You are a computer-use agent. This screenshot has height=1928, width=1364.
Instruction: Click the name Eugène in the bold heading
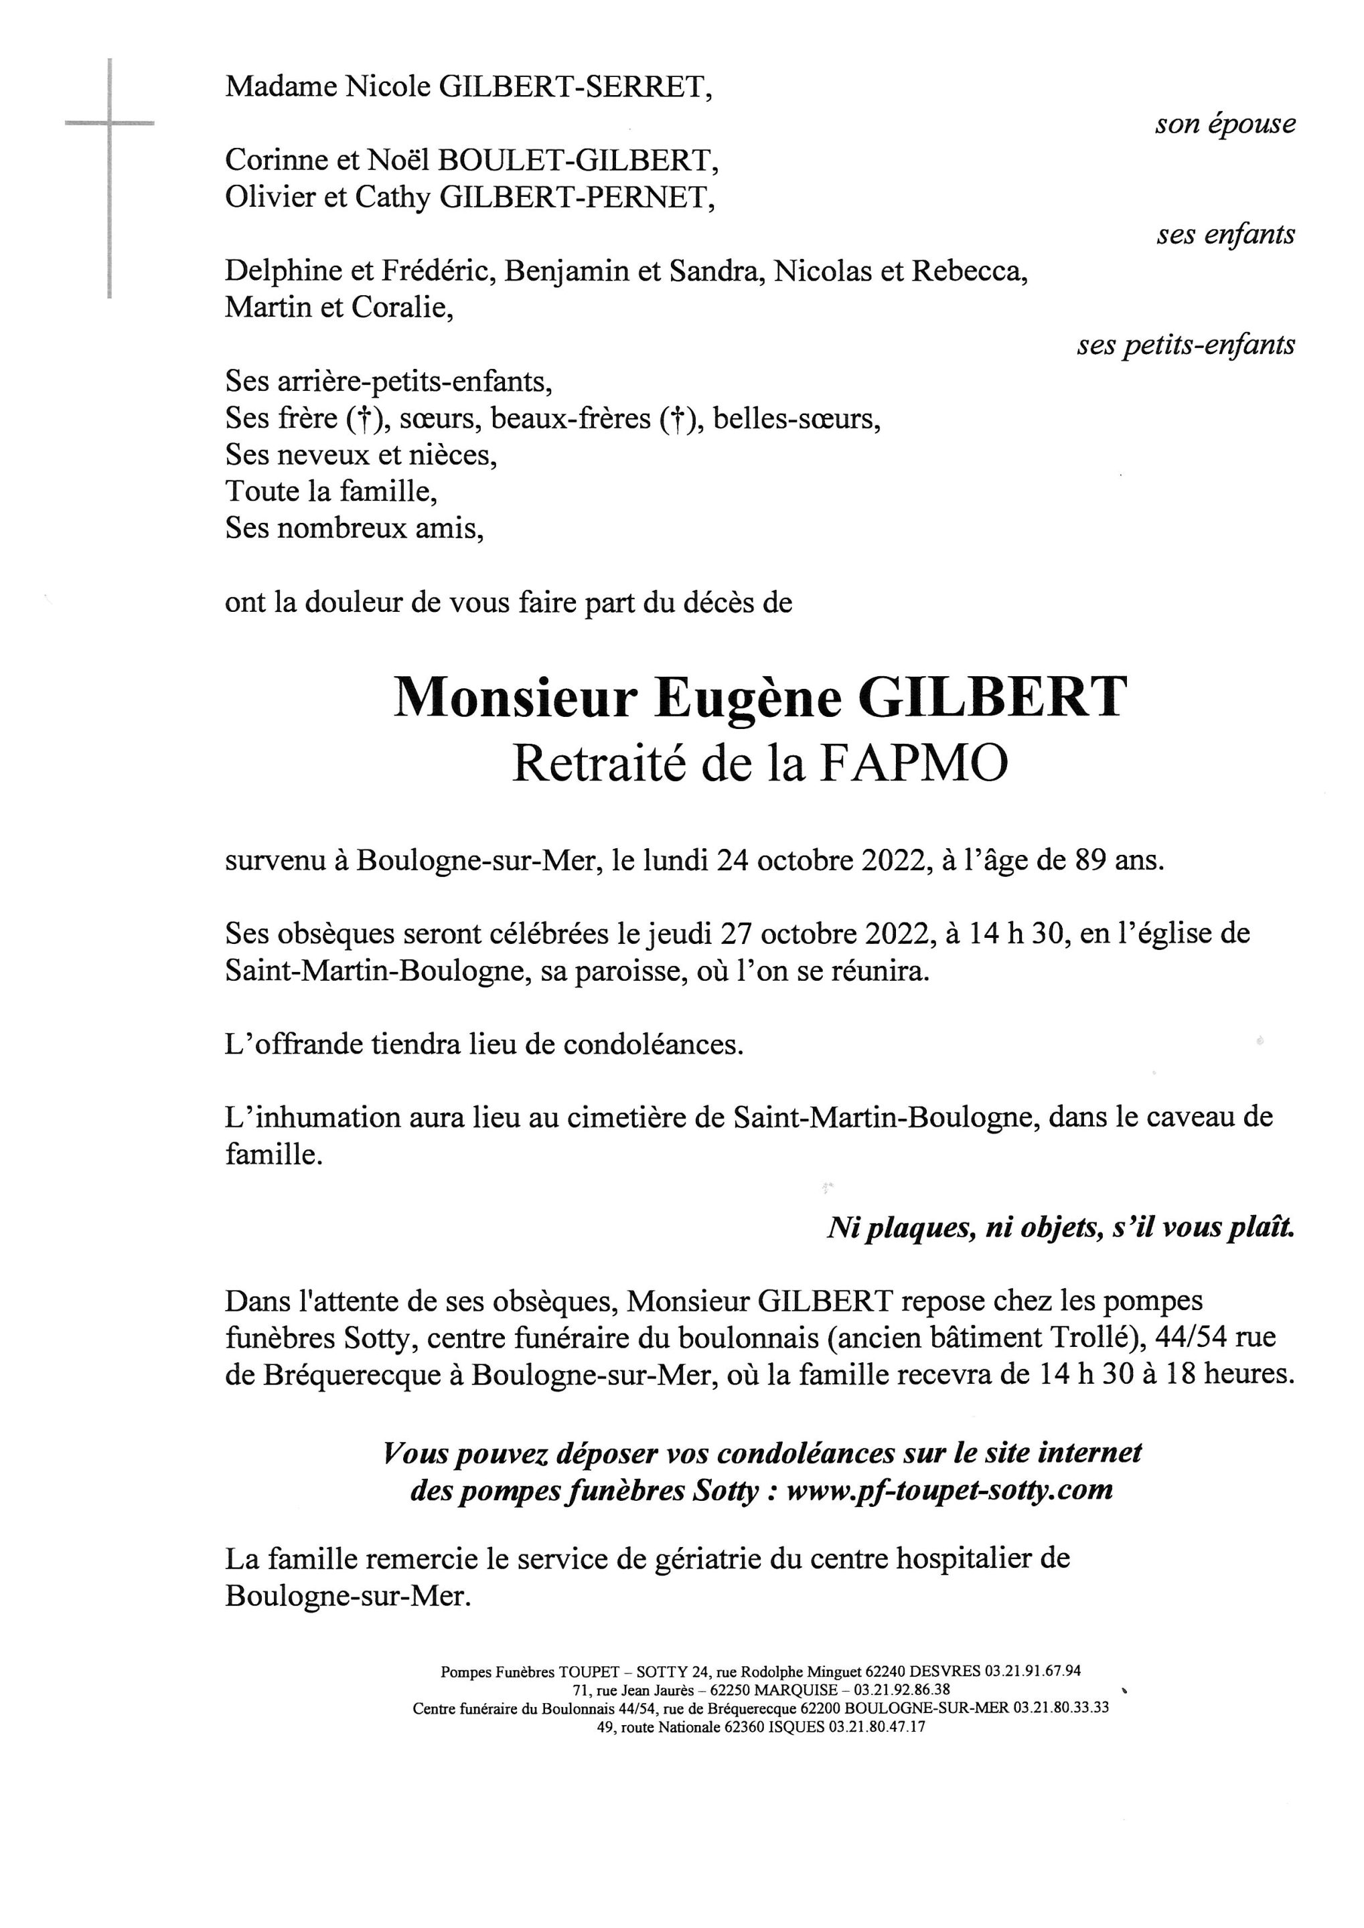[747, 697]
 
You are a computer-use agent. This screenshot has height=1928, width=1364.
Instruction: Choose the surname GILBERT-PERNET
[577, 197]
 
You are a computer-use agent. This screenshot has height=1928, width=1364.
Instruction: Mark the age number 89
[1091, 861]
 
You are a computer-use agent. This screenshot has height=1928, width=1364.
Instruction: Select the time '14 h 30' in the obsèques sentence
[1018, 934]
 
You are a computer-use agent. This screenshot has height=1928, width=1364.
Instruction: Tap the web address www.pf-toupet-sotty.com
[949, 1490]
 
